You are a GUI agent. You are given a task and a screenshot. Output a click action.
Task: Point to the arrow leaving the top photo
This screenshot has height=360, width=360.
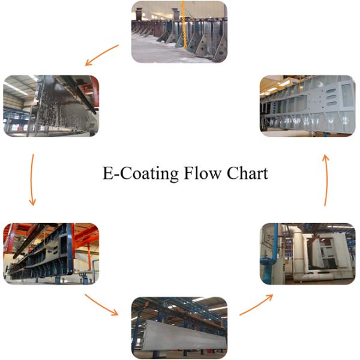point(102,54)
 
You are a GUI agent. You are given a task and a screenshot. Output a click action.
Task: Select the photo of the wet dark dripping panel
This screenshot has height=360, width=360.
point(51,106)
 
